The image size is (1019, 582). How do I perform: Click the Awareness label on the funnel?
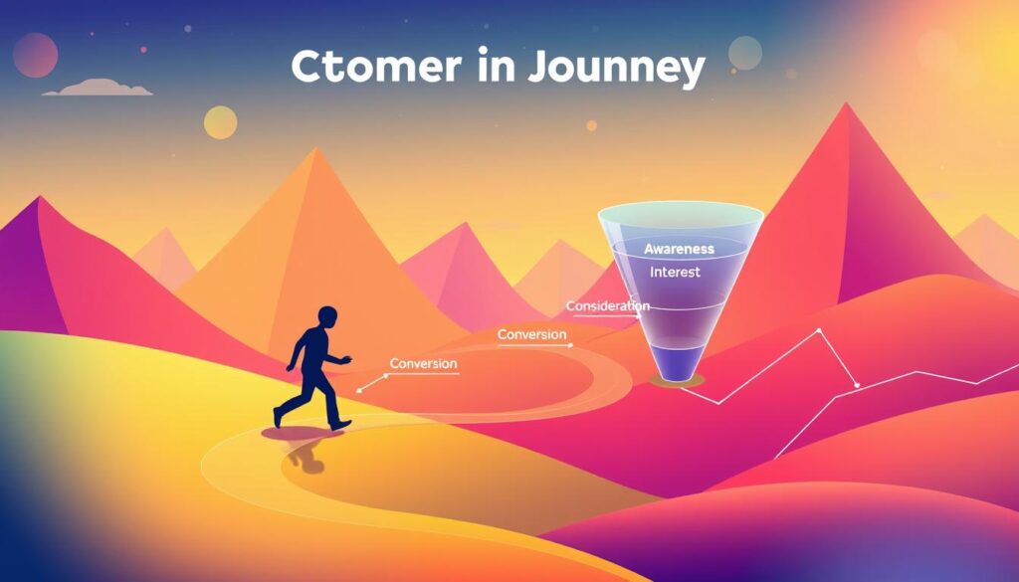click(x=679, y=248)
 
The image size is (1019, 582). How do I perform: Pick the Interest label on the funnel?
click(x=675, y=272)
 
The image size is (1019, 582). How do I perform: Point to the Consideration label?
click(x=607, y=305)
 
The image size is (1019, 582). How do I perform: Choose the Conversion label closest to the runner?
click(x=423, y=363)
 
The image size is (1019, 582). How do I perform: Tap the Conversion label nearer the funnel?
click(x=531, y=335)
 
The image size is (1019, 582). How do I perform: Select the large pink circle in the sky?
click(x=36, y=55)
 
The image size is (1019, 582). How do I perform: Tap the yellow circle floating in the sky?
click(x=220, y=122)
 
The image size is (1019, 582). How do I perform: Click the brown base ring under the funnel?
click(x=677, y=380)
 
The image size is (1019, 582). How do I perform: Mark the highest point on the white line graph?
click(x=818, y=329)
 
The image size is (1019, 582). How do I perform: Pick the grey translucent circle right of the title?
click(x=744, y=52)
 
